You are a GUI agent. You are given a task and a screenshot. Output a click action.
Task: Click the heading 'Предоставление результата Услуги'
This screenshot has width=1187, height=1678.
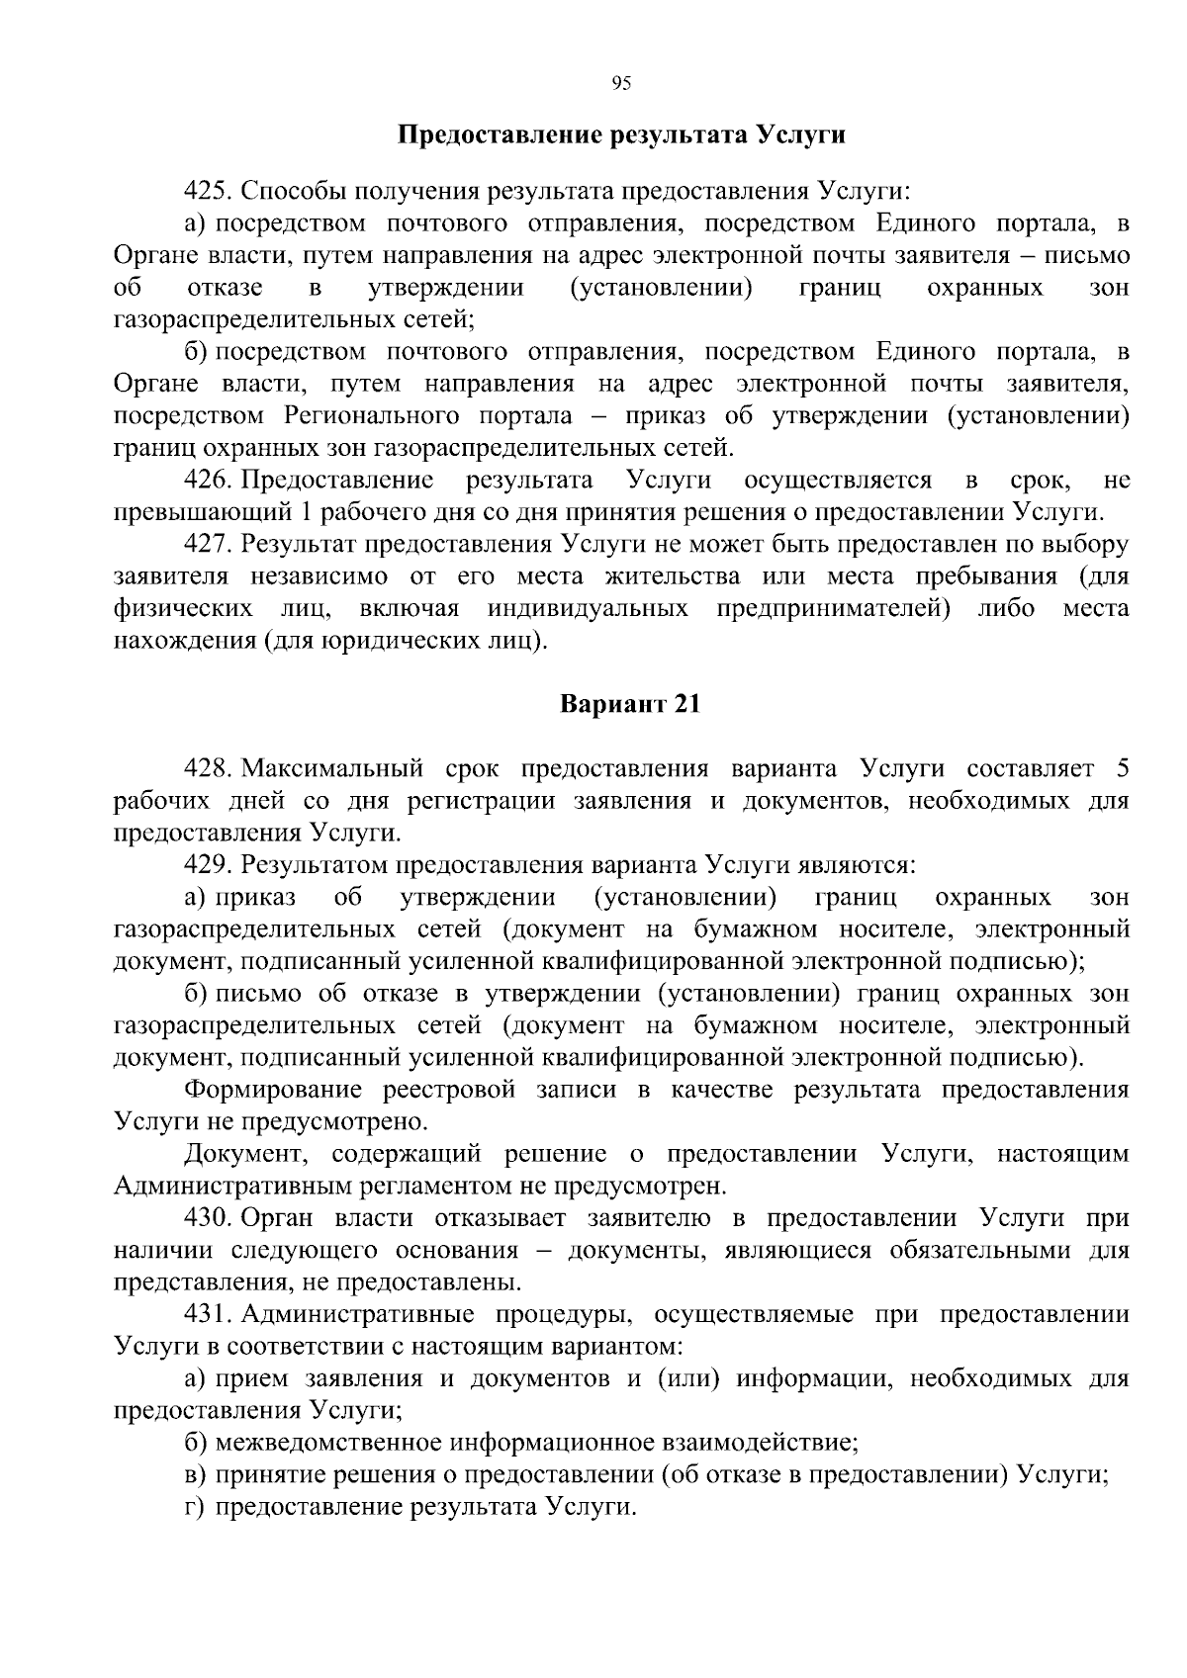tap(621, 134)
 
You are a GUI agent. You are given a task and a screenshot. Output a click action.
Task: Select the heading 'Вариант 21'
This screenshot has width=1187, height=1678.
tap(630, 705)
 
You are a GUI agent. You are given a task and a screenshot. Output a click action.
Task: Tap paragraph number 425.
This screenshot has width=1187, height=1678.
tap(209, 190)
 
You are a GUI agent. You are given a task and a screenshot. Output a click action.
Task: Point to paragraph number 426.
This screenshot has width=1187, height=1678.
tap(209, 481)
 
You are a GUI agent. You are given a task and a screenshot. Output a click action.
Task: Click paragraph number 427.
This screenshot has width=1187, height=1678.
tap(209, 545)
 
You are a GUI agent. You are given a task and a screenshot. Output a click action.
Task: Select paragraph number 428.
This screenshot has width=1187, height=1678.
tap(209, 769)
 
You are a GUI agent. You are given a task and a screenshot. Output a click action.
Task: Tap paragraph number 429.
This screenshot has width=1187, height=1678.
tap(209, 866)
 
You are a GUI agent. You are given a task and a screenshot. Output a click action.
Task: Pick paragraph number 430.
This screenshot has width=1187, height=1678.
tap(209, 1218)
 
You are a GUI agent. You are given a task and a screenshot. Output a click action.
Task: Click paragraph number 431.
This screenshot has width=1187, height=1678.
tap(209, 1314)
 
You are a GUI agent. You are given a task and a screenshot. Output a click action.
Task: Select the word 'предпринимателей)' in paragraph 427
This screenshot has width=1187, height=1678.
tap(834, 609)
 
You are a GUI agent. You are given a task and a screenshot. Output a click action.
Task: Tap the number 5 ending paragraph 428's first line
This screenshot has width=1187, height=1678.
tap(1121, 769)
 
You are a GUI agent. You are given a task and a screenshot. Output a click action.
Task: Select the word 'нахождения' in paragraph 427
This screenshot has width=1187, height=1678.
tap(184, 642)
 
